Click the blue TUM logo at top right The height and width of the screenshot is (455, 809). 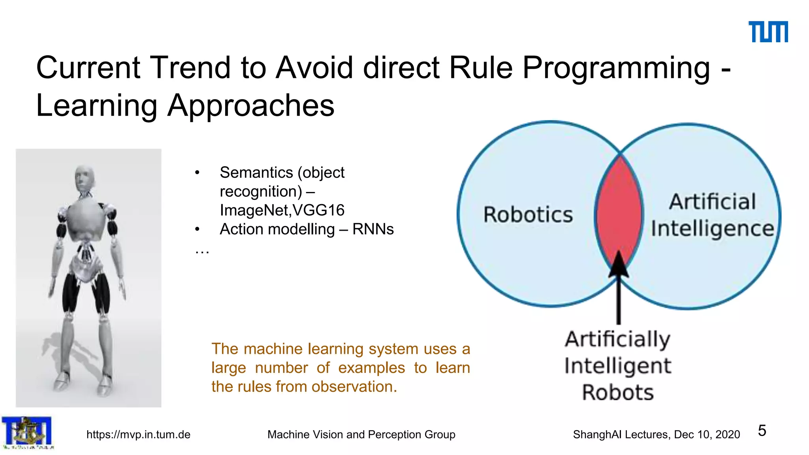pos(768,32)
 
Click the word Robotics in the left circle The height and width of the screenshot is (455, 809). pos(528,215)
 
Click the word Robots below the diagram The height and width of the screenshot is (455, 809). pos(618,393)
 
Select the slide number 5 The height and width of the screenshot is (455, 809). pos(762,431)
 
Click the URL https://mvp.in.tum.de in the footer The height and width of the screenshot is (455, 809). pos(138,434)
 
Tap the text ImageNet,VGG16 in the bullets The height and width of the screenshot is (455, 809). pos(282,210)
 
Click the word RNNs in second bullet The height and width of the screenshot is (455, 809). pos(373,229)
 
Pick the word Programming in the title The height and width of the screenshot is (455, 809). pos(616,68)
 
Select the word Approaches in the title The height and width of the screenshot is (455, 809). pos(251,106)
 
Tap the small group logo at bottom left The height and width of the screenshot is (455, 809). pos(27,432)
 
